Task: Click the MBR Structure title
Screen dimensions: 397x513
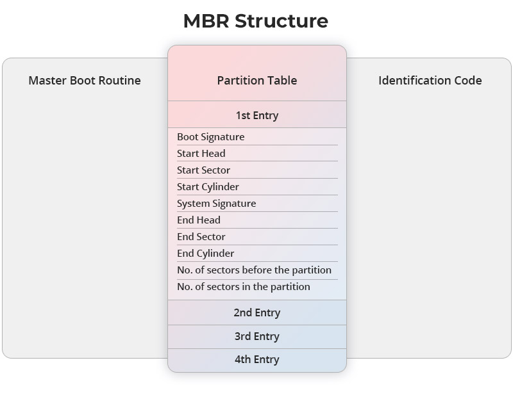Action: click(x=256, y=21)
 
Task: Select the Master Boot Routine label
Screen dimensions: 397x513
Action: click(x=85, y=81)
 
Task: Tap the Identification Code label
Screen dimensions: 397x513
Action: click(x=430, y=81)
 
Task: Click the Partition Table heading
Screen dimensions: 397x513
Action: click(x=256, y=81)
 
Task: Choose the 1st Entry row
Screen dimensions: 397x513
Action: click(x=256, y=115)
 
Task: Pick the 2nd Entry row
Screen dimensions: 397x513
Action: click(x=256, y=312)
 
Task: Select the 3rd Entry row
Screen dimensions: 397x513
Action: click(x=256, y=336)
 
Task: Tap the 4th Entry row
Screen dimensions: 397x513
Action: click(x=256, y=359)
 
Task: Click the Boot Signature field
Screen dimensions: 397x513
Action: click(x=210, y=137)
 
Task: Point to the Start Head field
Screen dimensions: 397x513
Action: click(x=201, y=154)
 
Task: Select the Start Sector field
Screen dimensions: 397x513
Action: click(x=203, y=170)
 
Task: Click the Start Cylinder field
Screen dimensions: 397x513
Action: click(x=208, y=187)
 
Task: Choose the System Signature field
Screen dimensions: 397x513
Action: click(x=216, y=204)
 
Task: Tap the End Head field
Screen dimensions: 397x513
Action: click(x=199, y=220)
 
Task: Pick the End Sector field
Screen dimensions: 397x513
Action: click(x=201, y=237)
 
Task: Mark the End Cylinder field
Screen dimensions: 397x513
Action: click(x=205, y=254)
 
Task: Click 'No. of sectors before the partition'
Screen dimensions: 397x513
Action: click(x=254, y=270)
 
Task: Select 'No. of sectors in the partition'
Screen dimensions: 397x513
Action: click(x=244, y=287)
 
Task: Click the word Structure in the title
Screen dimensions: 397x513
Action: click(x=282, y=21)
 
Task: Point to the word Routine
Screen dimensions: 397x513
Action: click(x=120, y=81)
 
